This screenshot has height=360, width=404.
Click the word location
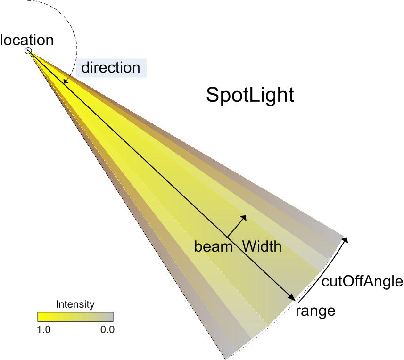[27, 40]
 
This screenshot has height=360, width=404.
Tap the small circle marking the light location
[28, 50]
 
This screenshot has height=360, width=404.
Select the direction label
[111, 68]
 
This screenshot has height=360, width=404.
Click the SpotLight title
[250, 95]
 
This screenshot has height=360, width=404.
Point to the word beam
[214, 246]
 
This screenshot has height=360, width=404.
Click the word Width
[262, 246]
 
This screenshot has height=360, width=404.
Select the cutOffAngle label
[362, 281]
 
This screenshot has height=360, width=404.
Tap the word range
[315, 311]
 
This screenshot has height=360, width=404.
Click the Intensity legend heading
[75, 304]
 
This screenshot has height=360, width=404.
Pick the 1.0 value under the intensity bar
[44, 330]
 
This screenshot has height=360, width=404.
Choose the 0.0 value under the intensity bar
[107, 330]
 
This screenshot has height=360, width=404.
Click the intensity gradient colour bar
[75, 317]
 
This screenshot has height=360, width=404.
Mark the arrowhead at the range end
[292, 297]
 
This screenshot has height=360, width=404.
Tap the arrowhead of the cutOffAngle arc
[345, 240]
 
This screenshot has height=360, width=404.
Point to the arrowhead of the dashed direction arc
[66, 81]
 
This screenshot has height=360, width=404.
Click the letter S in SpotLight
[212, 95]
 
